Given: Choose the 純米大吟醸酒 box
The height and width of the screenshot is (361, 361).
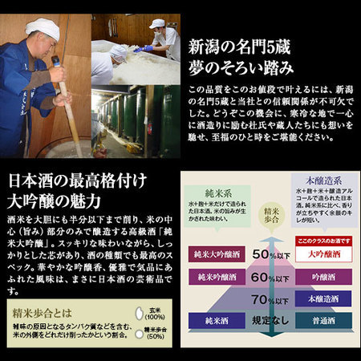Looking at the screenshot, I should click(x=215, y=255).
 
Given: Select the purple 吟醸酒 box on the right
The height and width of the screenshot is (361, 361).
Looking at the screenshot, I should click(x=321, y=277).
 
